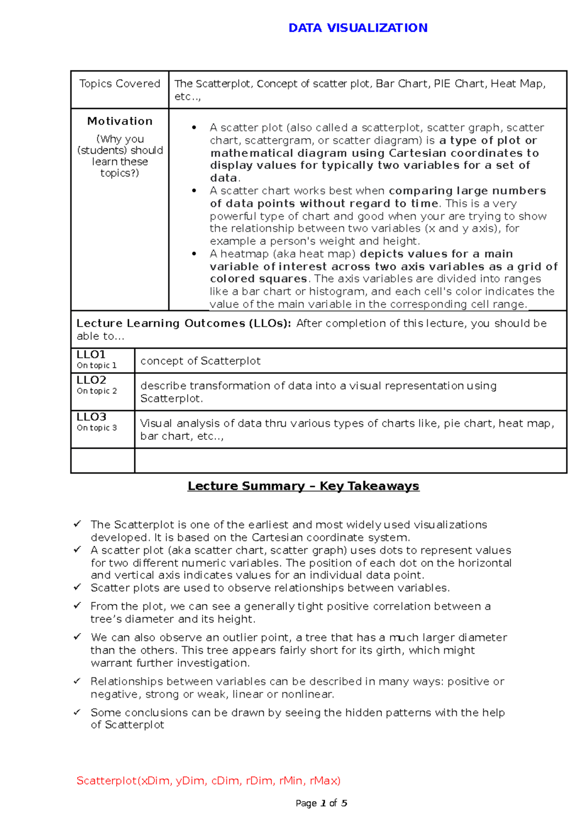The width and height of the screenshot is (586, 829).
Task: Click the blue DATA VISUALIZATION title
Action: coord(358,28)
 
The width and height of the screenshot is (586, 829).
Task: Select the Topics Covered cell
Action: coord(120,84)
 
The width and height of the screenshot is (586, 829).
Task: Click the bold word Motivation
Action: coord(120,121)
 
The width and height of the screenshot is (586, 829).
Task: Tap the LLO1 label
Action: coord(91,355)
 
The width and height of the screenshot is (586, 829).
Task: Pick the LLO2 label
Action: coord(91,380)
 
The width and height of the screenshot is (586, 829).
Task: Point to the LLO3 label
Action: coord(91,417)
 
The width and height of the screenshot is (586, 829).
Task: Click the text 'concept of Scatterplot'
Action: coord(200,361)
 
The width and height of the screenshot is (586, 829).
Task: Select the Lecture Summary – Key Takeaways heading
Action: coord(303,486)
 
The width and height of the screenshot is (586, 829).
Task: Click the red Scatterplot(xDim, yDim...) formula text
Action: coord(209,781)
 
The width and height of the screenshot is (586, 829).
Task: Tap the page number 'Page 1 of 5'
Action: coord(321,803)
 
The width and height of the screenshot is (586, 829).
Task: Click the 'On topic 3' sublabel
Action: coord(97,428)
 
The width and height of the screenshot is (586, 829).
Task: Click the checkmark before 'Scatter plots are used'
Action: coord(77,587)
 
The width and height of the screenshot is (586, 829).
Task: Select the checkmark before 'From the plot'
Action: coord(77,605)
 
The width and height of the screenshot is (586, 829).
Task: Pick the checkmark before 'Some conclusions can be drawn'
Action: coord(77,712)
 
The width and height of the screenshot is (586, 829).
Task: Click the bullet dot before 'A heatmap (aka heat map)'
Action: coord(194,254)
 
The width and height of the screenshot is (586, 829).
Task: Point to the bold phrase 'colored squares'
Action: coord(258,279)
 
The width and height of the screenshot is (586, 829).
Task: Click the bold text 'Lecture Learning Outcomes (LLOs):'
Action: coord(184,323)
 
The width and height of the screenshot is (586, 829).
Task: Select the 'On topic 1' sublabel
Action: coord(97,366)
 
